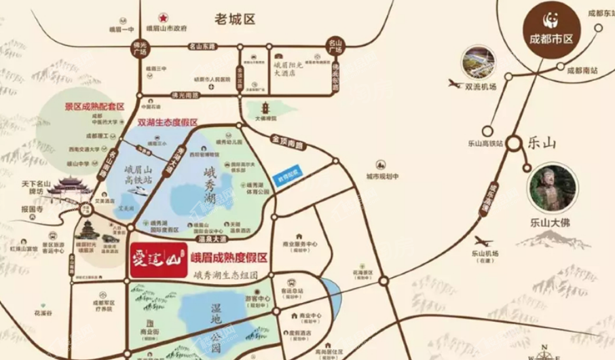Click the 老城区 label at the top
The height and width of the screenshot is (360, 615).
coord(234,20)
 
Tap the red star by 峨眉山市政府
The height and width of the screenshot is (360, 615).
coord(163,18)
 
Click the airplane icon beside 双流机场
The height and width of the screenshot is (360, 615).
coord(455,84)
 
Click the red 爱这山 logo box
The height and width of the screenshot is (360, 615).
coord(158,258)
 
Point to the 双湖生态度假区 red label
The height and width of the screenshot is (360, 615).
coord(168,123)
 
